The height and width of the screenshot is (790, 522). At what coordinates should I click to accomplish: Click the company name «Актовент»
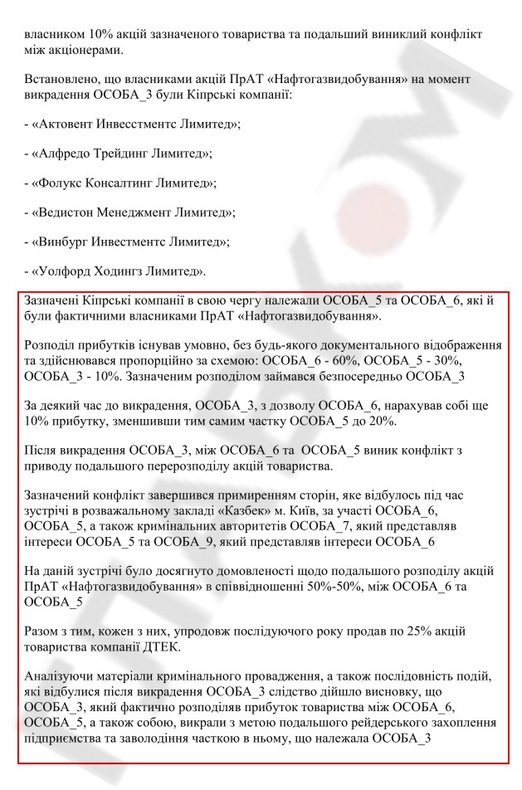(x=67, y=124)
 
